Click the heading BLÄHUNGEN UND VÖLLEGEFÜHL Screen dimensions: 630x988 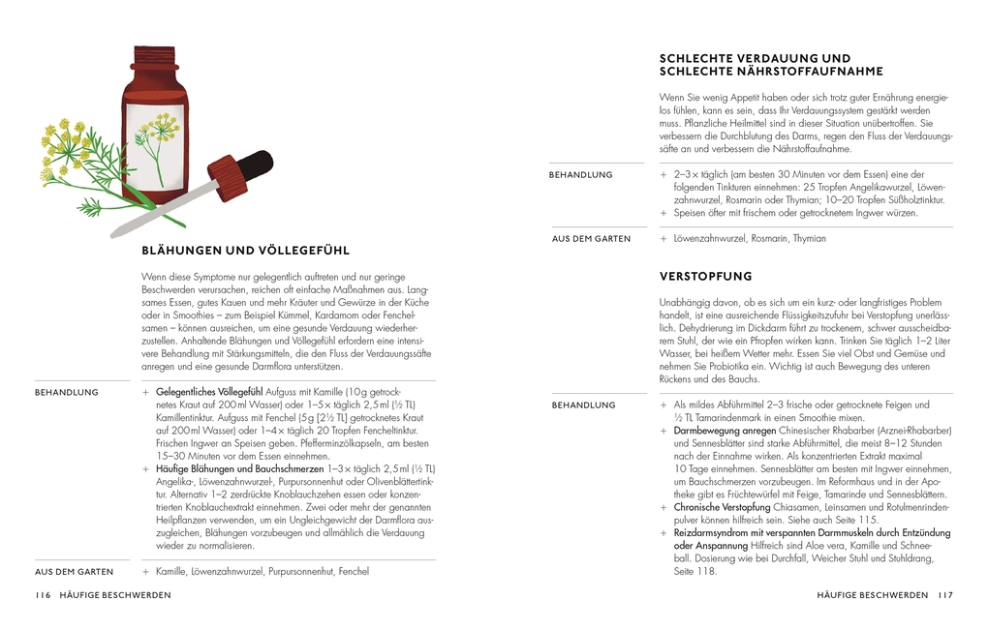(x=245, y=250)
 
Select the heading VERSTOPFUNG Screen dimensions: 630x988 (x=705, y=277)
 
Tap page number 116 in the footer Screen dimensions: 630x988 (x=43, y=595)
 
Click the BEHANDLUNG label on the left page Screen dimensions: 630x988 (x=67, y=392)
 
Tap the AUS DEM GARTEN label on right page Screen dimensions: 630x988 (x=591, y=238)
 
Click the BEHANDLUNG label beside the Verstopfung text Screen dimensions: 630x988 (x=585, y=405)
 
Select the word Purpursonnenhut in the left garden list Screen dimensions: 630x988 (x=303, y=571)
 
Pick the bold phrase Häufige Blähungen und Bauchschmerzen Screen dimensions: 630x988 (x=240, y=468)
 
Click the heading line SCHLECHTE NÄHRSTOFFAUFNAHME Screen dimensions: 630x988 (x=771, y=72)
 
